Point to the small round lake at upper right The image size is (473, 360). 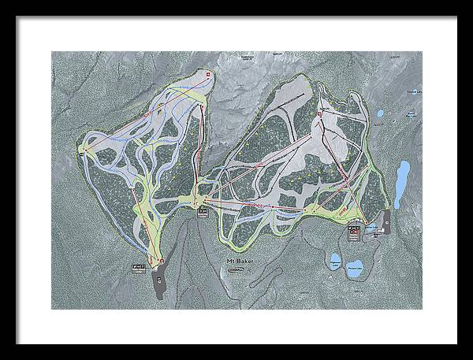380,113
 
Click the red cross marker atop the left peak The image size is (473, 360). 208,74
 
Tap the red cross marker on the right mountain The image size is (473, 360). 318,115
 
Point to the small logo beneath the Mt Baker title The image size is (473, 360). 235,269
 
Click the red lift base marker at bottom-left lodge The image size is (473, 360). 155,261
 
